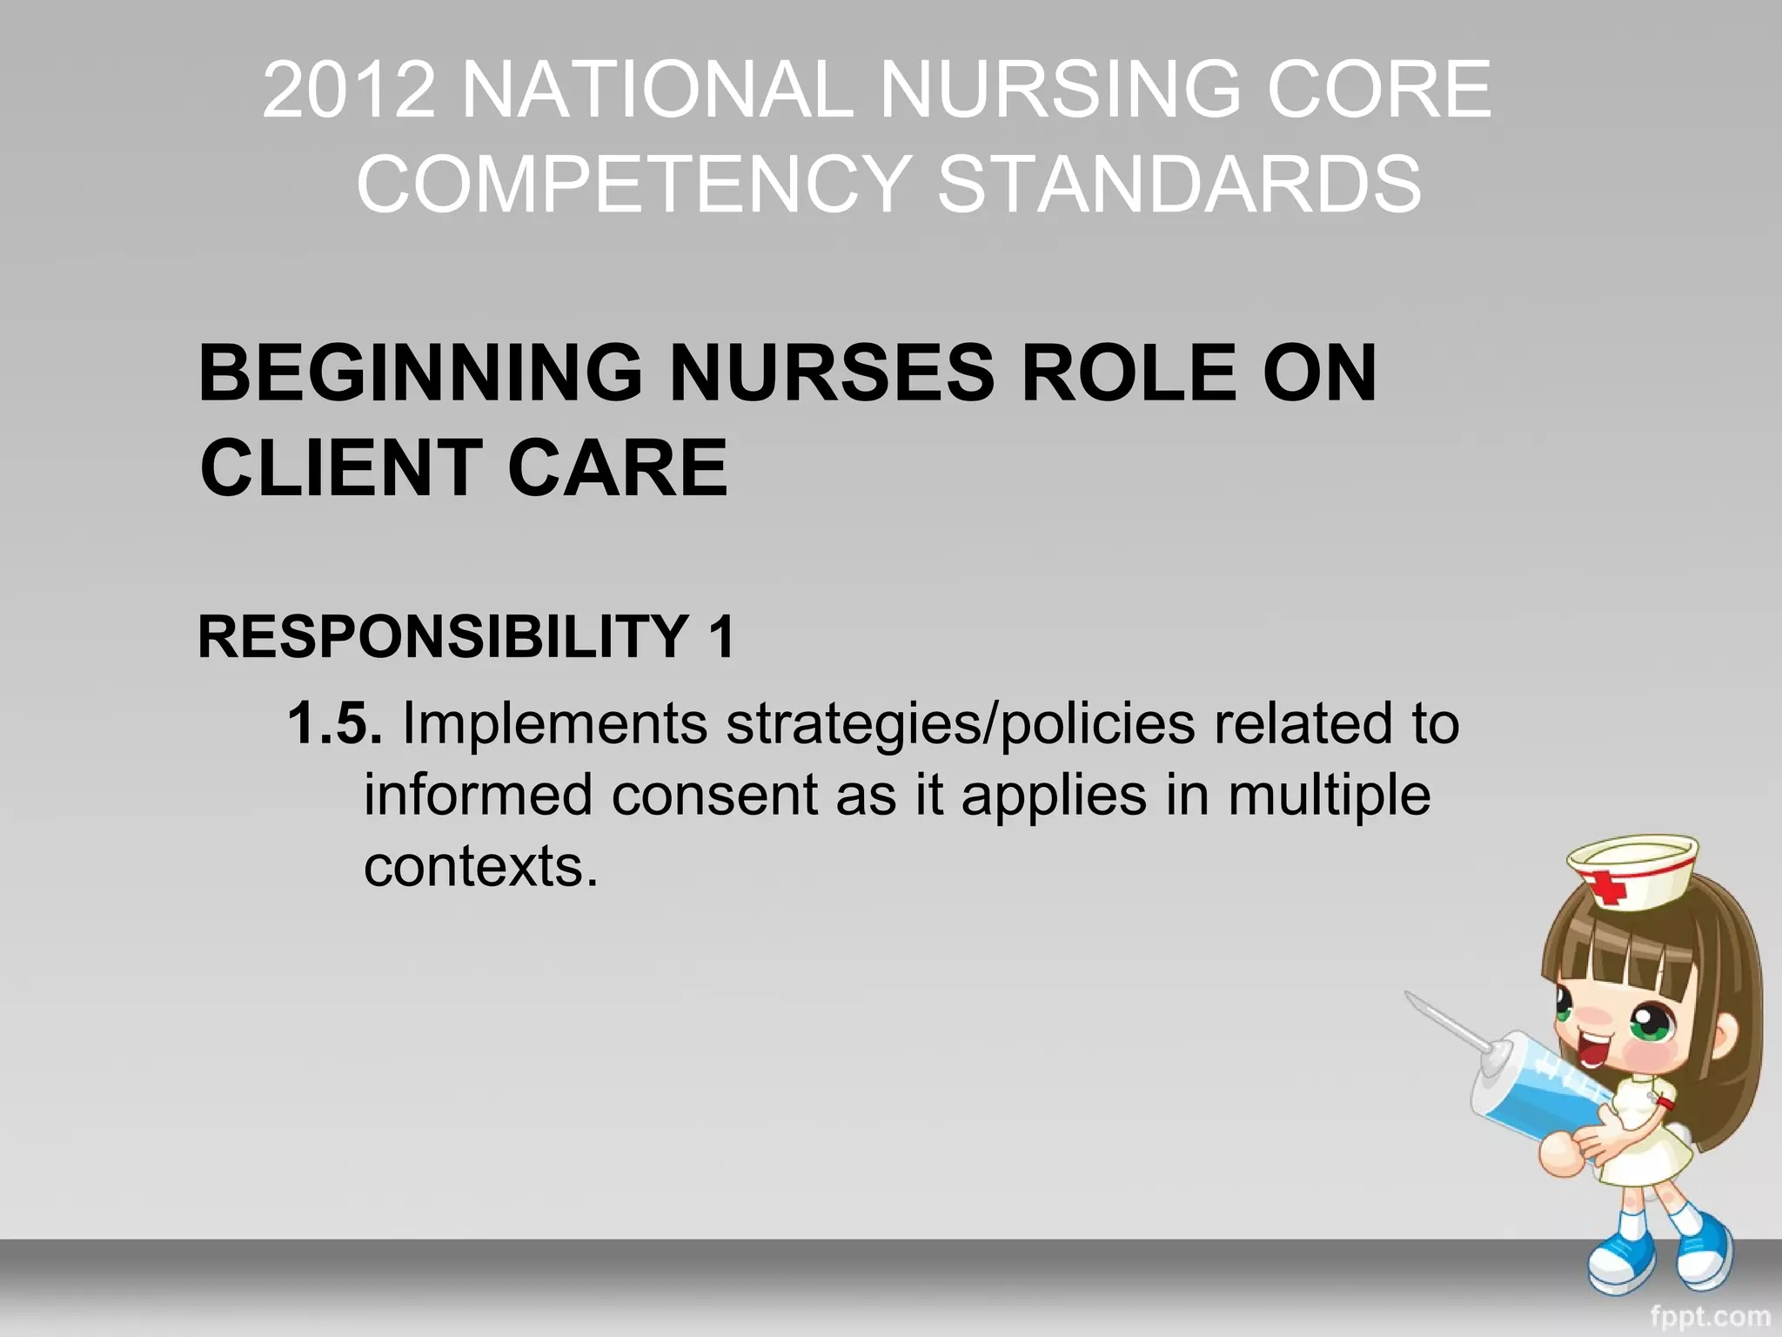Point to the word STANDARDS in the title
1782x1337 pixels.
(x=1179, y=184)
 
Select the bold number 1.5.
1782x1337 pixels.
(x=335, y=723)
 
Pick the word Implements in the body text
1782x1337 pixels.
(x=554, y=723)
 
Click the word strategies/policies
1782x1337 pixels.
(x=961, y=723)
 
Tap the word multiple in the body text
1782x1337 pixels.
(x=1329, y=795)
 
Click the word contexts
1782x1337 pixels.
(x=480, y=866)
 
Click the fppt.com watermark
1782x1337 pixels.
(x=1709, y=1316)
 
